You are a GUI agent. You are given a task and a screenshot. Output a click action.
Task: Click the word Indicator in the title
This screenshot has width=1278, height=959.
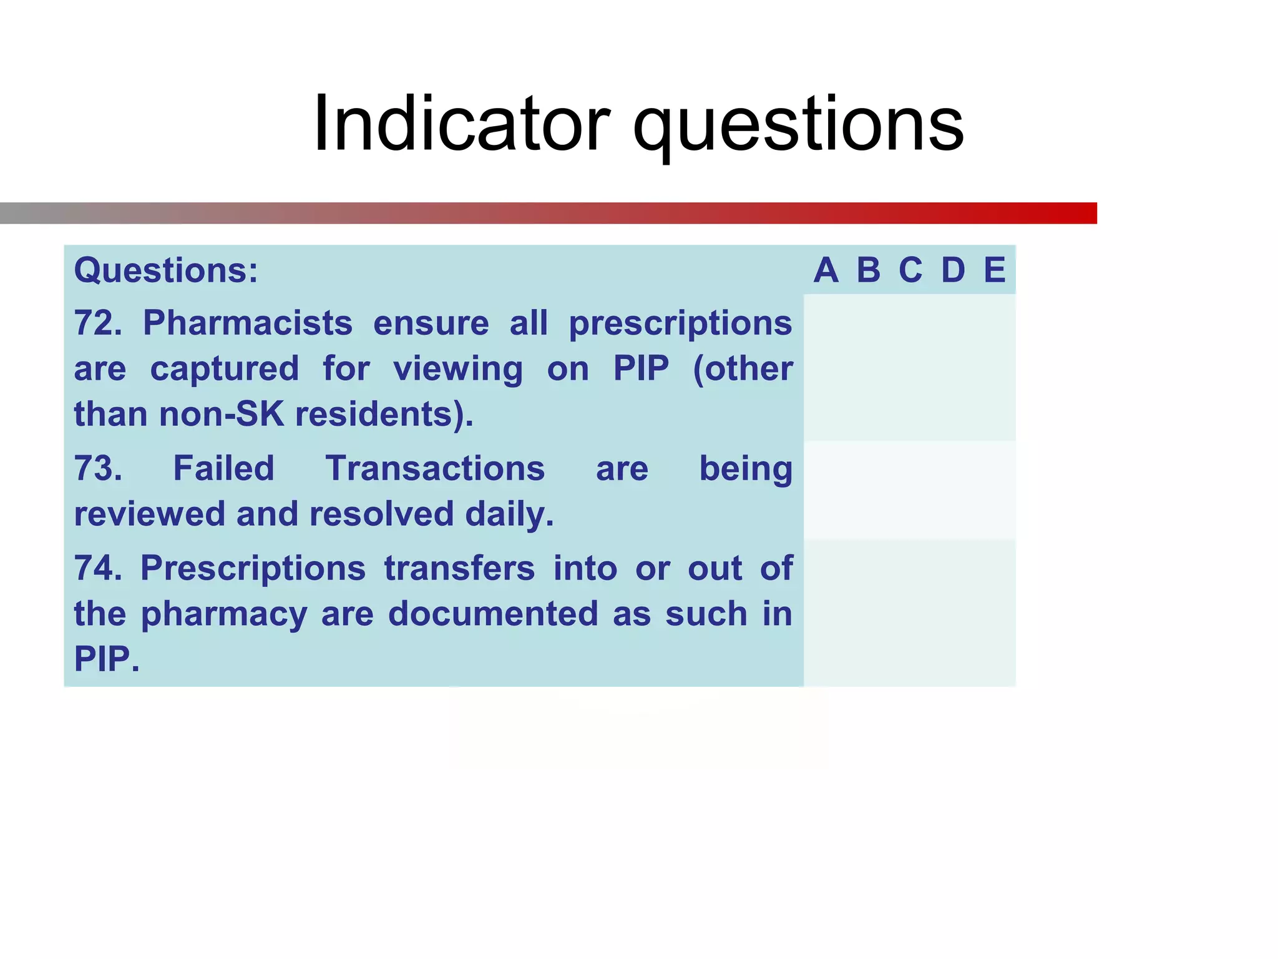click(461, 123)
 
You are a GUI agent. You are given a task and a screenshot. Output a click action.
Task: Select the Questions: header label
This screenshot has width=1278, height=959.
click(166, 270)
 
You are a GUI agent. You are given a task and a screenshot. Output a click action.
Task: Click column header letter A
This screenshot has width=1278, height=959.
click(826, 270)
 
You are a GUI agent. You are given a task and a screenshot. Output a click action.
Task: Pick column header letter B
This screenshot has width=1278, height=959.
click(868, 270)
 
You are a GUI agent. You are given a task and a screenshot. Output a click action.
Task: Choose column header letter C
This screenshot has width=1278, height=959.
click(910, 270)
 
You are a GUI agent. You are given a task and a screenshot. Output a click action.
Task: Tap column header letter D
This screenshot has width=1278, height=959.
click(953, 270)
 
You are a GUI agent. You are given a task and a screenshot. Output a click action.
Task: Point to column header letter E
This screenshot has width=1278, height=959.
click(995, 270)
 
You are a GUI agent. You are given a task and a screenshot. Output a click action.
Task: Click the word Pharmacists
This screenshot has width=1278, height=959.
click(248, 323)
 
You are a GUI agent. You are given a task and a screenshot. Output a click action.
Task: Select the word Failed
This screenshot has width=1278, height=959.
click(223, 468)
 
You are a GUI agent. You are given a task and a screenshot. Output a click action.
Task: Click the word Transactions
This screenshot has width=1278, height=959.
click(435, 468)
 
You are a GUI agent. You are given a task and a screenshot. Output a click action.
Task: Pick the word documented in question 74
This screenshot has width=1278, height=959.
click(492, 614)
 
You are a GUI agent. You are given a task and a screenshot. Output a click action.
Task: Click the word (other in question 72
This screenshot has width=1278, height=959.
click(743, 368)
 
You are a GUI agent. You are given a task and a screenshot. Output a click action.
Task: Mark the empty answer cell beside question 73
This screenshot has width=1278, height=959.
click(909, 490)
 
